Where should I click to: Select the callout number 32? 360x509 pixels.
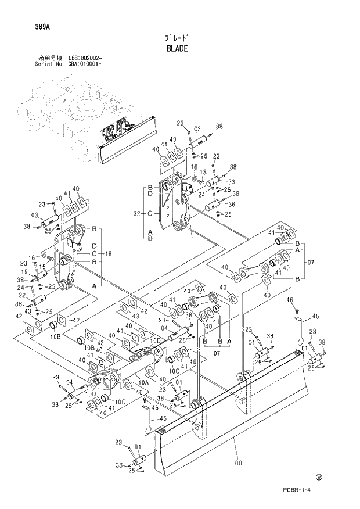[137, 213]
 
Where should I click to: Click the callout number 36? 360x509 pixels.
[232, 204]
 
